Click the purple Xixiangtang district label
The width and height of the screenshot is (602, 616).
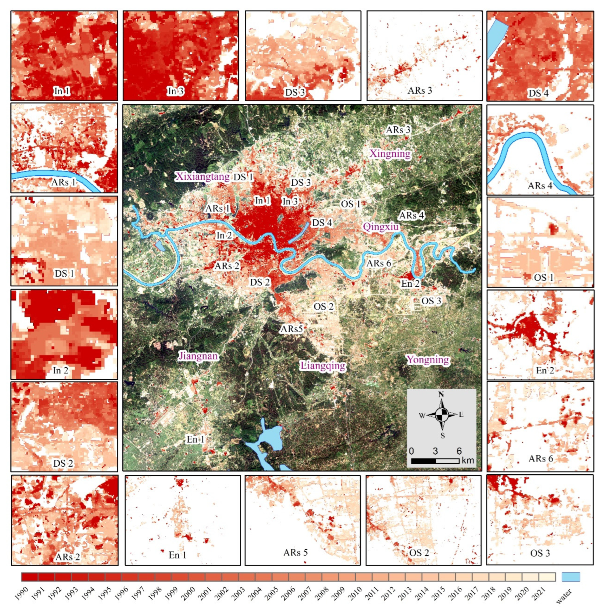pos(202,177)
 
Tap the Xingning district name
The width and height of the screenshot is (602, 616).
pos(390,154)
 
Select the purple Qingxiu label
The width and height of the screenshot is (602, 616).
pos(381,226)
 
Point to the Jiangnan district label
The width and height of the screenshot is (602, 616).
pos(198,356)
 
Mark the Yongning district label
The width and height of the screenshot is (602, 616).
pos(428,359)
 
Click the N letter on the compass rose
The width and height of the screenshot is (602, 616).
pos(441,394)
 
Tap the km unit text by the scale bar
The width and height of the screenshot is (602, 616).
pos(468,460)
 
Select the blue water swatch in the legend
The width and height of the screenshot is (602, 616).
pos(571,577)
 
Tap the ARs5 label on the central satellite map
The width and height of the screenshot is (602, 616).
pos(292,329)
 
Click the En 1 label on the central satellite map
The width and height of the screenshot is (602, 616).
pos(195,439)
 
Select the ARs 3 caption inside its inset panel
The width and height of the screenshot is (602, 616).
pos(420,90)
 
